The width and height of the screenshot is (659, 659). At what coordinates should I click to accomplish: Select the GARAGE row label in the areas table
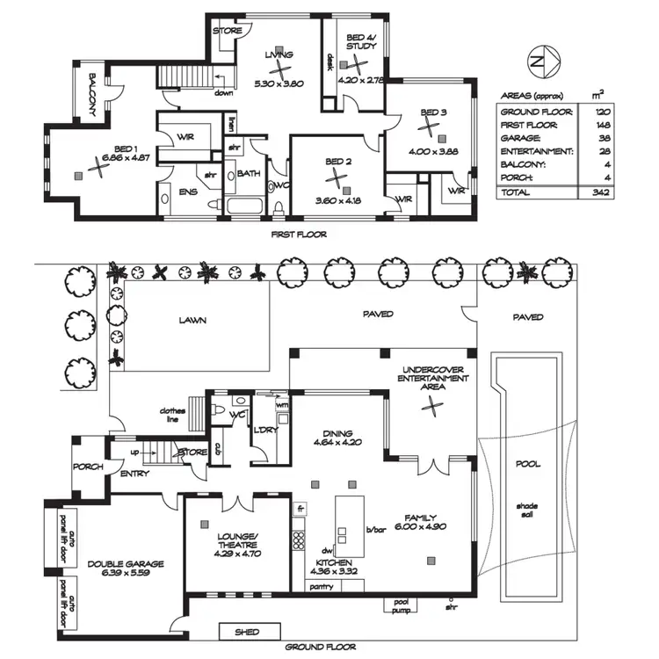tap(520, 139)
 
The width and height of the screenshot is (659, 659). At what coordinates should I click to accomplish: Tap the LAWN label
tap(192, 321)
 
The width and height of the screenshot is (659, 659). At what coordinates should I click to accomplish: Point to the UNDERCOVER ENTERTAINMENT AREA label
tap(432, 378)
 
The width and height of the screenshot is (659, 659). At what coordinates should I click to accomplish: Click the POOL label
tap(527, 464)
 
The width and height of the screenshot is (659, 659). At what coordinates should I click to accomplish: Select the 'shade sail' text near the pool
tap(527, 511)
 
